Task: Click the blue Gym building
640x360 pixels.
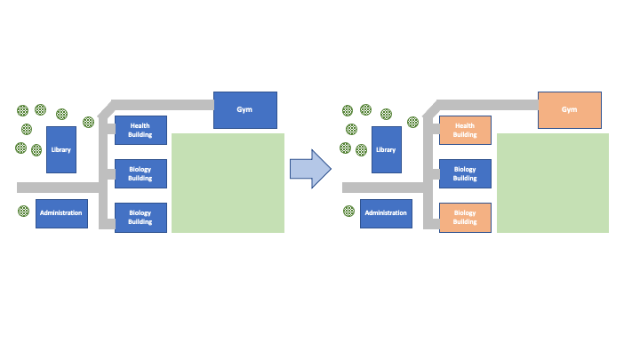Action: coord(245,109)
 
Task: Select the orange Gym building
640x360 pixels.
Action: coord(570,109)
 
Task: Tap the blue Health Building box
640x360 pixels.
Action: coord(140,131)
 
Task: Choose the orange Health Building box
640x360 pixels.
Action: coord(465,131)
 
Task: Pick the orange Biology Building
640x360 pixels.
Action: coord(465,218)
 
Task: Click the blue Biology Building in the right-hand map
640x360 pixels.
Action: coord(465,173)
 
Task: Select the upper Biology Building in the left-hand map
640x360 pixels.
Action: coord(140,173)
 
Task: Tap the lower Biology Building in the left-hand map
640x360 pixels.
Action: coord(140,218)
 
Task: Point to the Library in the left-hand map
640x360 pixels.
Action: coord(60,149)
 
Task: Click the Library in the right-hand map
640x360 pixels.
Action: coord(386,149)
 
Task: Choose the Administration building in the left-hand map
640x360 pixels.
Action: coord(61,213)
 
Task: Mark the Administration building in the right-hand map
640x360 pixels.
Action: coord(386,213)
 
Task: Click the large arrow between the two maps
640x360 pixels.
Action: coord(310,168)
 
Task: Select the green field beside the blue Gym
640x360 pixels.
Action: coord(228,183)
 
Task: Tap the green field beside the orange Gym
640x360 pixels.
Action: coord(553,183)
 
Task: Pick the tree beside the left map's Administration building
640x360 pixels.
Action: coord(23,212)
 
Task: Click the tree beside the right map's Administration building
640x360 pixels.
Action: coord(348,212)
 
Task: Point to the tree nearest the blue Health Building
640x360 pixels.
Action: coord(88,122)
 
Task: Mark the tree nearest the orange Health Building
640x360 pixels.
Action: coord(413,122)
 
